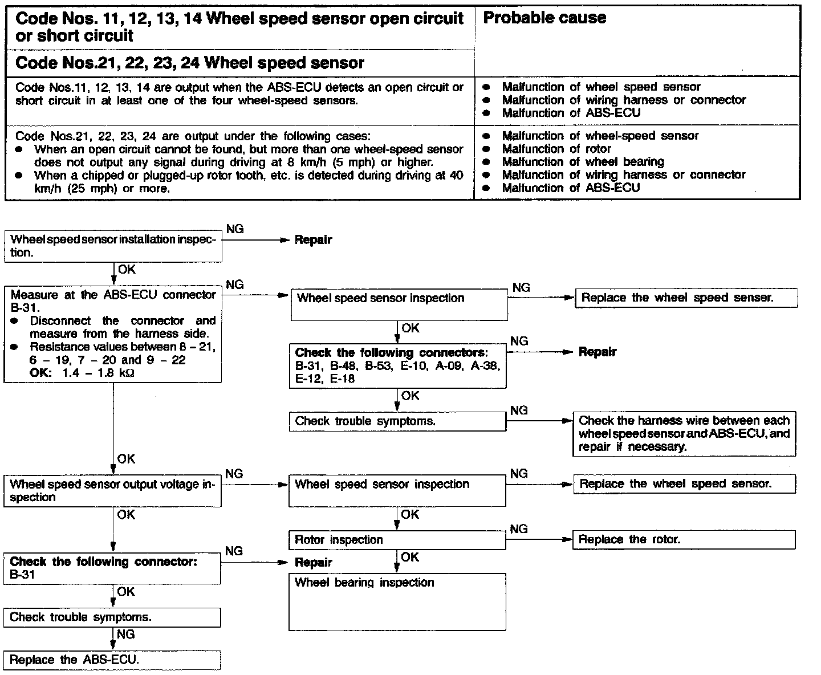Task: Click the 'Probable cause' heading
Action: [x=544, y=18]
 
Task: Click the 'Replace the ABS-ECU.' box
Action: [x=112, y=660]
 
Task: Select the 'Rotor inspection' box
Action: [x=397, y=540]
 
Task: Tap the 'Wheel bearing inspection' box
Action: [x=397, y=601]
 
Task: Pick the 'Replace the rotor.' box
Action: [x=684, y=539]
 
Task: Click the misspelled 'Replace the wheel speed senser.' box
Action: [x=686, y=298]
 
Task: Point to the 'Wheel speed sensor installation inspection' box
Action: [x=113, y=246]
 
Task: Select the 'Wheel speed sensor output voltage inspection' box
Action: [x=113, y=491]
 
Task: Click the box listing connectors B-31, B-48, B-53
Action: [x=397, y=365]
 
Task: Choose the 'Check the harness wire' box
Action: [x=684, y=434]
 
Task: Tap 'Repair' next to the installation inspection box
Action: [x=313, y=240]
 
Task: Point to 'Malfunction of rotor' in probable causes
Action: [x=556, y=149]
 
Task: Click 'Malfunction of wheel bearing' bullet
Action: [x=583, y=162]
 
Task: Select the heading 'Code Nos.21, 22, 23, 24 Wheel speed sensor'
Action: [x=190, y=63]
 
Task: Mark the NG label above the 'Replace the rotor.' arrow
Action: [x=519, y=529]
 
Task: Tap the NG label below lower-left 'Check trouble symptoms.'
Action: [x=125, y=634]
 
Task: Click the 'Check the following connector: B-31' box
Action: [x=113, y=568]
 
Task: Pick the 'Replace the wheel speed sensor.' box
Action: [x=684, y=484]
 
